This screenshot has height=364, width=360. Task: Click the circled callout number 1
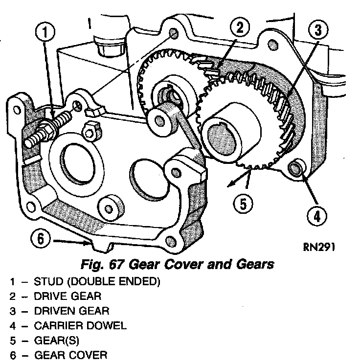point(45,32)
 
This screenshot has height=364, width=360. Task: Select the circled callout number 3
point(318,30)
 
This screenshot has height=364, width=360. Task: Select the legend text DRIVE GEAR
point(67,297)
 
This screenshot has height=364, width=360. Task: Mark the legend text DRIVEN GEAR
point(71,311)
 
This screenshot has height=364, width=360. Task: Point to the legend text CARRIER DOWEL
point(80,325)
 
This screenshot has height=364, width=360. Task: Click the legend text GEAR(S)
point(57,340)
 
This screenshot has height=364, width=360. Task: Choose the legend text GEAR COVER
point(69,354)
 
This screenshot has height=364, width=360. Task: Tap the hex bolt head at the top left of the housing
point(104,46)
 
